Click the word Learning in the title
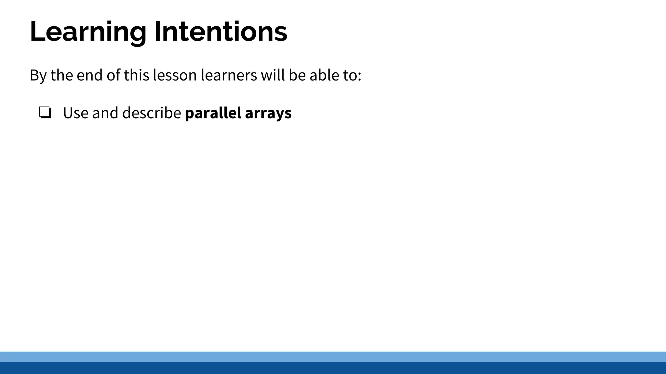point(88,32)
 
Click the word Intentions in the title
point(220,32)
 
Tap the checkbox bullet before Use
point(45,113)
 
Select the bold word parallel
point(213,113)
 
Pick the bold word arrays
point(268,113)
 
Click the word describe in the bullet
point(152,113)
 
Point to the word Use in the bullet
point(75,113)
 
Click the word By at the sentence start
point(38,75)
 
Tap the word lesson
point(175,75)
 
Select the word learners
point(229,75)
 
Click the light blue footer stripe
point(333,356)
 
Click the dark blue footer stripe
point(333,368)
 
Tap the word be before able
point(297,75)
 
